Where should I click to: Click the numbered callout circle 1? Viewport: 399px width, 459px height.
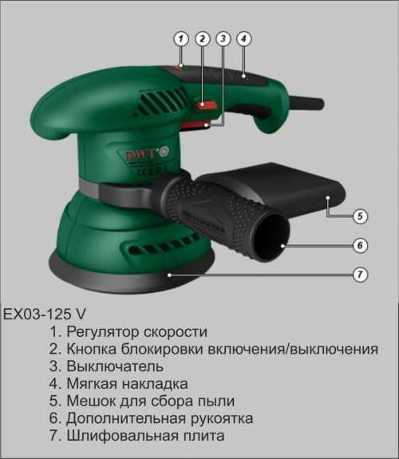[x=181, y=39]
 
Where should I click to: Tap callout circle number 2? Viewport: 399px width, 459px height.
[x=203, y=39]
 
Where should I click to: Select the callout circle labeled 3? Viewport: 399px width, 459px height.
[x=223, y=39]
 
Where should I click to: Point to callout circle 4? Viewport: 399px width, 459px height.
[x=244, y=39]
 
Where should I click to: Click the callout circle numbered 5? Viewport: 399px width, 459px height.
[x=360, y=216]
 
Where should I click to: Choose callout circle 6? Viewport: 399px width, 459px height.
[x=360, y=245]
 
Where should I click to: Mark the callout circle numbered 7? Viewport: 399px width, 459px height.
[x=360, y=275]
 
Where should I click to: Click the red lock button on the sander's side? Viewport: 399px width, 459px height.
[x=206, y=105]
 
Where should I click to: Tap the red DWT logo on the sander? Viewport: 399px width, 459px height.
[x=140, y=155]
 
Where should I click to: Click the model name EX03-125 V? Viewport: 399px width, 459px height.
[x=45, y=315]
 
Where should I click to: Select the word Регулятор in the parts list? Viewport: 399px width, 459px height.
[x=103, y=332]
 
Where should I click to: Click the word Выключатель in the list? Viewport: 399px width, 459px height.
[x=115, y=366]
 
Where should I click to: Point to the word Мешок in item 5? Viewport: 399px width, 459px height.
[x=89, y=401]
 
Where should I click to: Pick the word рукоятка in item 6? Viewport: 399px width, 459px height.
[x=222, y=418]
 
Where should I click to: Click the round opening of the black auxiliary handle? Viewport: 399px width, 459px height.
[x=271, y=236]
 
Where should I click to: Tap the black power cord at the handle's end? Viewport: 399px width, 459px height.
[x=306, y=103]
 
